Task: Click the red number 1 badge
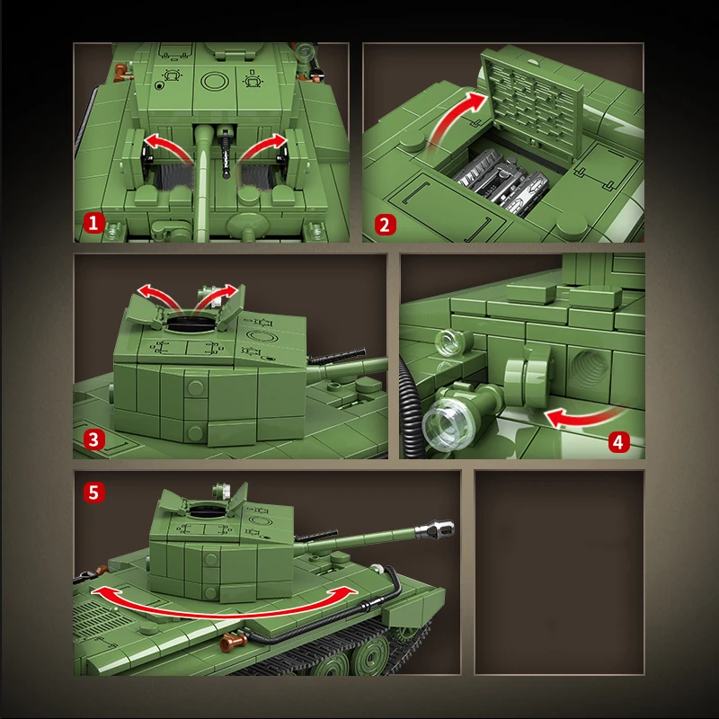click(93, 223)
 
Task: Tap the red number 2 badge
click(386, 225)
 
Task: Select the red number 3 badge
click(93, 439)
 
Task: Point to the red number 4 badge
click(618, 442)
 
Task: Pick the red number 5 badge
click(93, 493)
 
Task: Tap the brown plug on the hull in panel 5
click(233, 642)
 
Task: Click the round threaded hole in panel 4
click(589, 366)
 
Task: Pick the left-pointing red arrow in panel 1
click(167, 146)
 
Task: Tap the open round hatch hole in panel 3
click(191, 324)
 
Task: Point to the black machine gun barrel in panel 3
click(337, 356)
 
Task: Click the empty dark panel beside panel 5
click(559, 573)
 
